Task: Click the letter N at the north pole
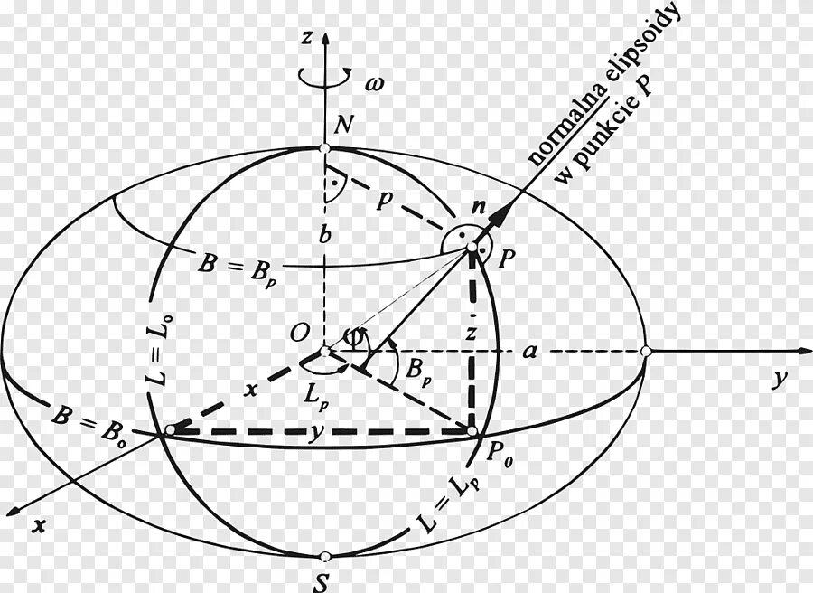click(x=342, y=127)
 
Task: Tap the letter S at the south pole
click(x=320, y=583)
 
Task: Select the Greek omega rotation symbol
click(x=373, y=84)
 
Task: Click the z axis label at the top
click(x=308, y=38)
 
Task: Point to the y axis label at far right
click(x=776, y=380)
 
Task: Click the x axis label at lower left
click(x=38, y=524)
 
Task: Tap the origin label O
click(x=298, y=334)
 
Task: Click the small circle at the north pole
click(x=324, y=149)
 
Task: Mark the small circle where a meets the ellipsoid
click(x=646, y=351)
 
